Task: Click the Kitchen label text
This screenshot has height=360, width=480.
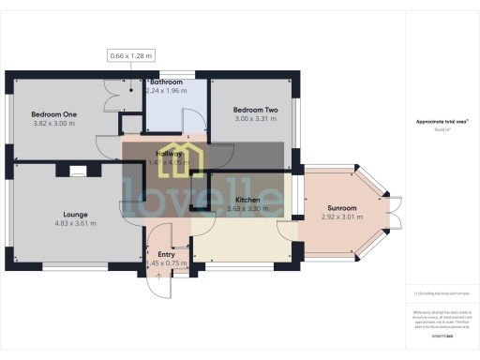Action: pos(247,201)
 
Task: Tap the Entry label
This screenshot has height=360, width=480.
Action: pos(167,254)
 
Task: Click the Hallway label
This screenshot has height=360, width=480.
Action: pos(168,153)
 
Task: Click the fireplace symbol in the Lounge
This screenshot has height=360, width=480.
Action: pos(75,171)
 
